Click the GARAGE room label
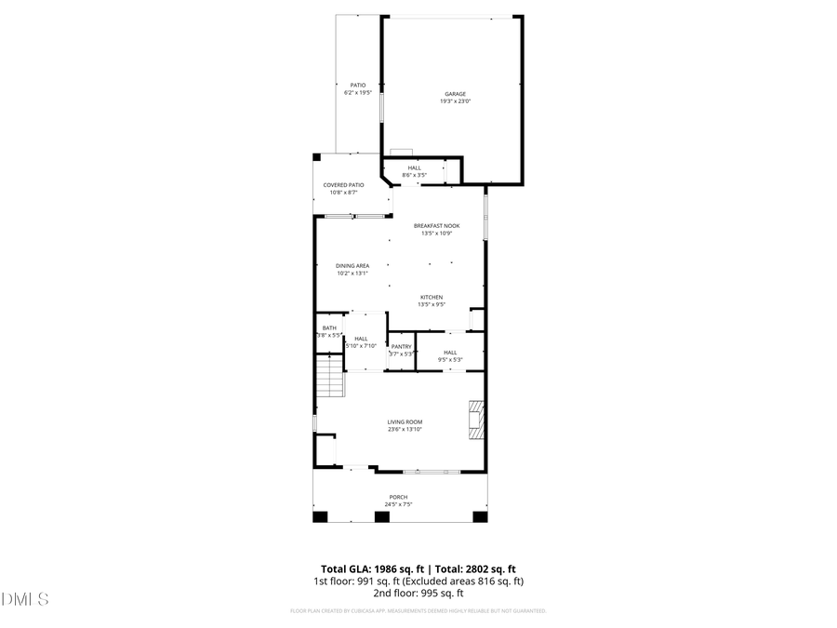pyautogui.click(x=454, y=94)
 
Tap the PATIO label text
pyautogui.click(x=357, y=86)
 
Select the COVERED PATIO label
pyautogui.click(x=343, y=185)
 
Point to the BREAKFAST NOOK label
pyautogui.click(x=436, y=226)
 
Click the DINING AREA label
pyautogui.click(x=352, y=266)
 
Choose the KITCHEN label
pyautogui.click(x=431, y=297)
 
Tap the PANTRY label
pyautogui.click(x=401, y=346)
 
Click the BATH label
pyautogui.click(x=329, y=327)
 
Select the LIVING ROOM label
pyautogui.click(x=405, y=421)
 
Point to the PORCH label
pyautogui.click(x=398, y=497)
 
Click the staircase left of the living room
pyautogui.click(x=328, y=380)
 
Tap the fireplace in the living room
pyautogui.click(x=476, y=420)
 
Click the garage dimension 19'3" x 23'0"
pyautogui.click(x=454, y=101)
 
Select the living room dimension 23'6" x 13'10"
pyautogui.click(x=405, y=429)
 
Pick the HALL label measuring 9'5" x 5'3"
pyautogui.click(x=450, y=352)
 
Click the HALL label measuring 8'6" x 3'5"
pyautogui.click(x=414, y=167)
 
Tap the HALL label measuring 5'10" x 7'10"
pyautogui.click(x=361, y=339)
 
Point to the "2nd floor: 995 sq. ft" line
pyautogui.click(x=418, y=593)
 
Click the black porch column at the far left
pyautogui.click(x=320, y=516)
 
